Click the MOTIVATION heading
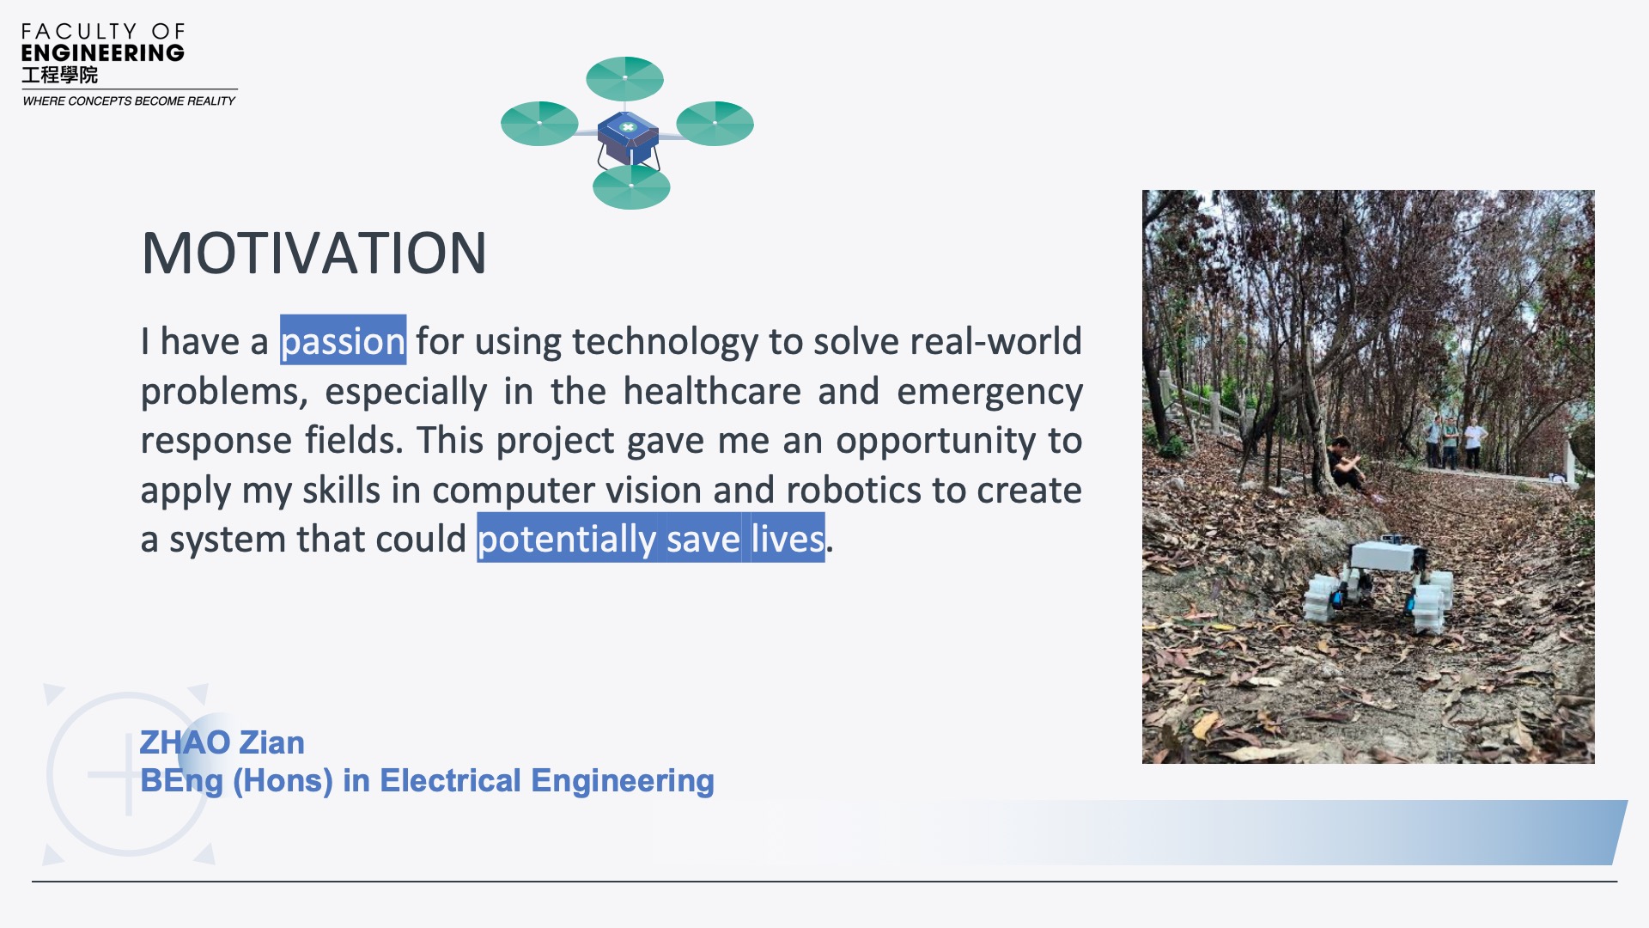pos(314,253)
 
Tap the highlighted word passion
pos(343,341)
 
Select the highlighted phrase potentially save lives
pos(651,539)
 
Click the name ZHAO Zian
pos(222,742)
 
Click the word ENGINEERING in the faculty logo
pos(103,53)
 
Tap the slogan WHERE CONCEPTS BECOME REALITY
pos(129,101)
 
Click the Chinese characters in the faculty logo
pos(59,76)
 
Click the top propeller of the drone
pos(625,78)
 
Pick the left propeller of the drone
pos(539,123)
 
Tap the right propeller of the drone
pos(715,123)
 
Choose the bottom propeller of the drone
pos(631,186)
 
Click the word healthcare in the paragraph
pos(712,391)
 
